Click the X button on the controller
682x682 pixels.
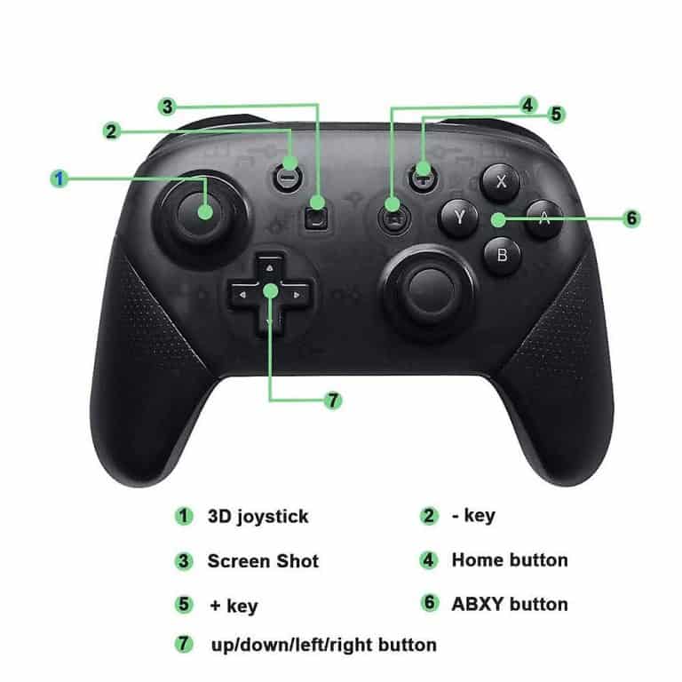(501, 183)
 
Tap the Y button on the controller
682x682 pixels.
(459, 217)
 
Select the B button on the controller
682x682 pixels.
(502, 256)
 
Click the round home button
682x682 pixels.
(391, 216)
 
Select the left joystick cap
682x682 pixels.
(203, 211)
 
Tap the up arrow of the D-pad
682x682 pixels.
(270, 266)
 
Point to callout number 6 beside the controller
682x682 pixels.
(631, 218)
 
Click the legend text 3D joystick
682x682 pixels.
(258, 515)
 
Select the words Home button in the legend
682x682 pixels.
(509, 559)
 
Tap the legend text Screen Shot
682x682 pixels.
(262, 561)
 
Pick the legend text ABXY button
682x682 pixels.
(509, 604)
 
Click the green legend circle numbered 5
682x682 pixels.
(184, 604)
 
